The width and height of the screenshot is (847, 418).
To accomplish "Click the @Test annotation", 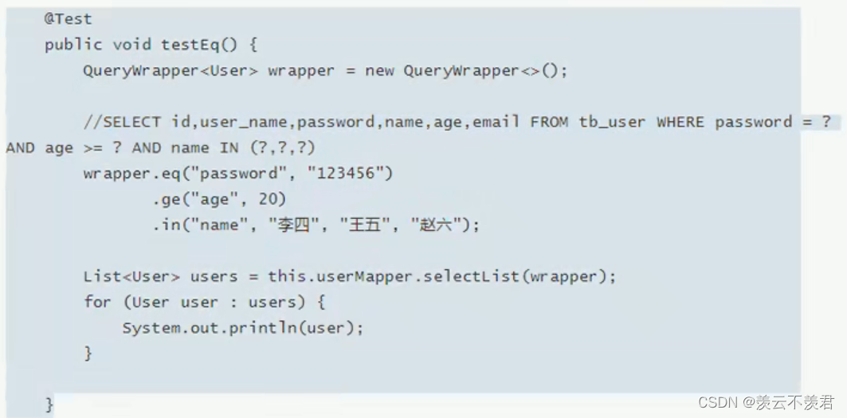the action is coord(68,19).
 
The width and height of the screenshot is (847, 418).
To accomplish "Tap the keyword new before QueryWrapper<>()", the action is coord(379,71).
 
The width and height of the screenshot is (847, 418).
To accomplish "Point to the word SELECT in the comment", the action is coord(131,122).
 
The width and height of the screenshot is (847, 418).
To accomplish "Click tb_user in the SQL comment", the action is coord(612,122).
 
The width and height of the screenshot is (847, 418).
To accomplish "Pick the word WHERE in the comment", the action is coord(680,122).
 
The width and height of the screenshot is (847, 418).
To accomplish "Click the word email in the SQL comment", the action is coord(496,122).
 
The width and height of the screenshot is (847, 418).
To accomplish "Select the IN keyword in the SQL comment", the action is coord(229,147).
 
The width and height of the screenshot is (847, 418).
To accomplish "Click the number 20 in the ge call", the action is coord(268,199).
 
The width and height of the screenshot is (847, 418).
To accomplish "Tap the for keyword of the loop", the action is coord(97,301).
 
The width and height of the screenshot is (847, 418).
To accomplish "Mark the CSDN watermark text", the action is coord(767,402).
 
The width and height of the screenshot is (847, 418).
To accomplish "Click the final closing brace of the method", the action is coord(49,404).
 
